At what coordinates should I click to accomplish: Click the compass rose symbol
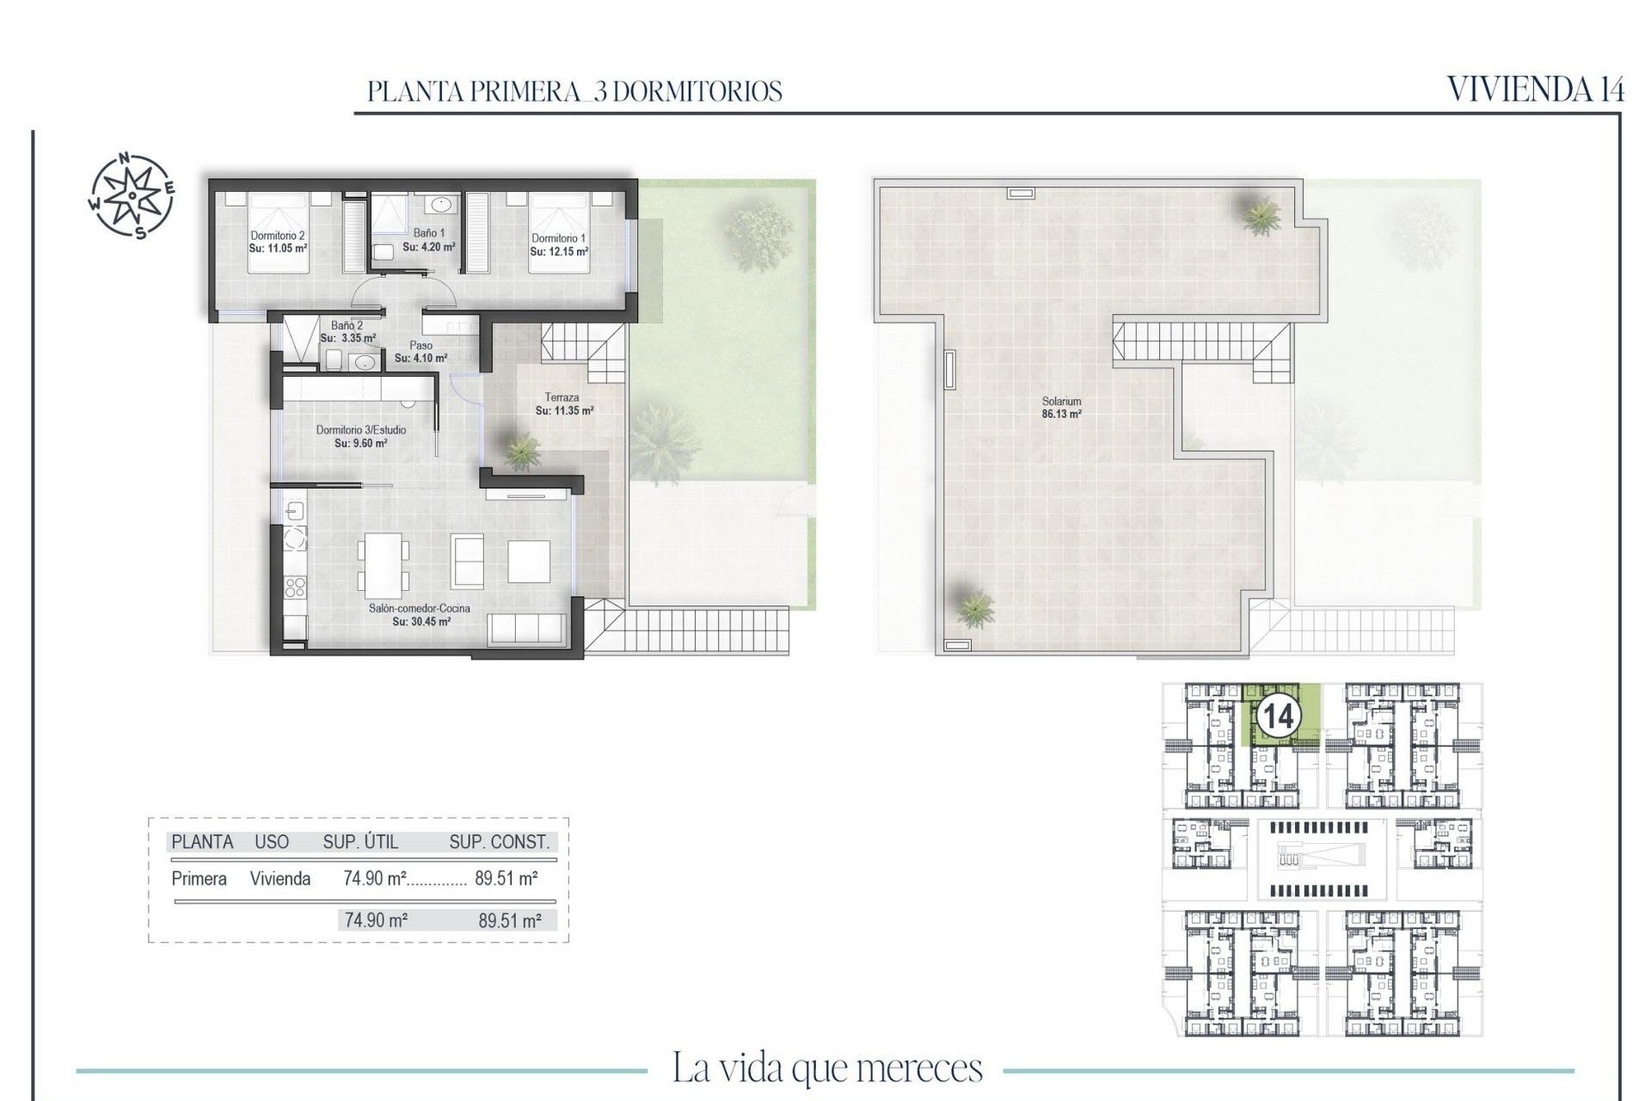[132, 195]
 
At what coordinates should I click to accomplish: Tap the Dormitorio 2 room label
[277, 235]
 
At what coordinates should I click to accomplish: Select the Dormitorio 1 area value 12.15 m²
[559, 252]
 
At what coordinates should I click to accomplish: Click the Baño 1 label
[429, 233]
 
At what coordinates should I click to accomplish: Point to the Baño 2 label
[347, 326]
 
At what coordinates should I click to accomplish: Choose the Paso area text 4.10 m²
[420, 358]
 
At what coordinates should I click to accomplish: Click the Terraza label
[562, 397]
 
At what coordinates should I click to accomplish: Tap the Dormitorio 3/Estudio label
[360, 430]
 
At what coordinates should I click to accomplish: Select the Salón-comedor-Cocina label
[420, 608]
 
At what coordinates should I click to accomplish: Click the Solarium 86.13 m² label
[1061, 407]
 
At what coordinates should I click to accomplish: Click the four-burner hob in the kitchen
[295, 587]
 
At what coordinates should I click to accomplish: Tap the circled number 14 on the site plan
[1277, 716]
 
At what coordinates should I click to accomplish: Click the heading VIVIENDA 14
[1535, 89]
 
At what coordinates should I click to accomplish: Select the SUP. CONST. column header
[499, 842]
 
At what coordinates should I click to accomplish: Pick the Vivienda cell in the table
[280, 878]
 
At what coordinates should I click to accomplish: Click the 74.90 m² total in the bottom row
[376, 920]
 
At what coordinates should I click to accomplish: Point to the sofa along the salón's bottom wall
[526, 629]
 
